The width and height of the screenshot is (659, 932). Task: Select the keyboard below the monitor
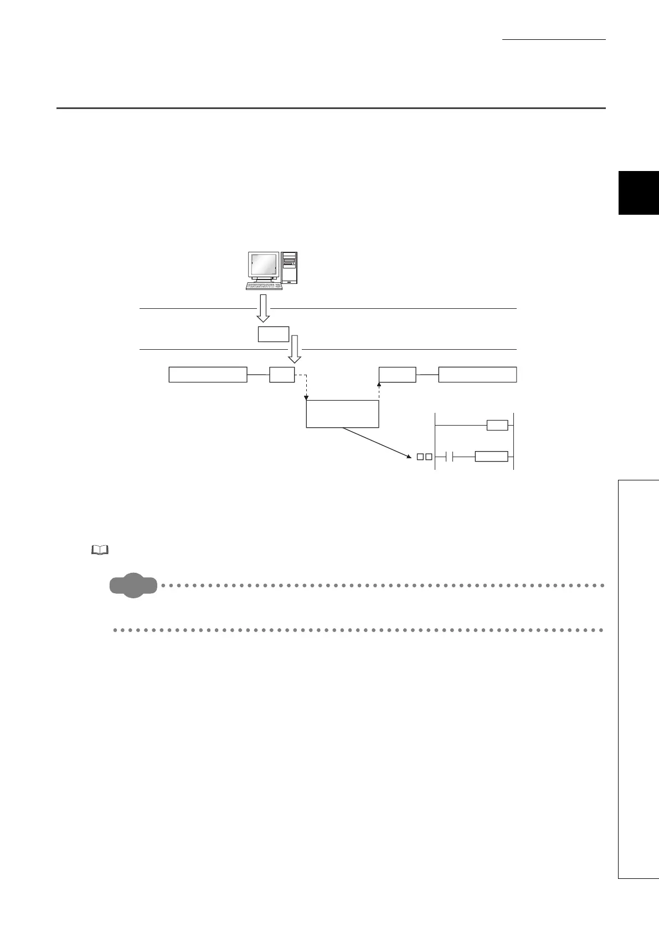click(264, 286)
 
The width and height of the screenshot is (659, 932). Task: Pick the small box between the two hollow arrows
click(273, 334)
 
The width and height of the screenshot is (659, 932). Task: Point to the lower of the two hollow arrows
click(295, 349)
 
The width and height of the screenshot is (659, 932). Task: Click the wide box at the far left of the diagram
click(208, 374)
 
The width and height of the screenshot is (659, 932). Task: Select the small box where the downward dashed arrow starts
click(282, 374)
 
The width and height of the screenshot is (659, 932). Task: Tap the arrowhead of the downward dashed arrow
click(306, 397)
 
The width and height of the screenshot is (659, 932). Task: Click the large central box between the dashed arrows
click(342, 413)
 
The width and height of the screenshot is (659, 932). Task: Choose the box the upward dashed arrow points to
click(397, 374)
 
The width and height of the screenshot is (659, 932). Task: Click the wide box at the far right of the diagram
click(477, 374)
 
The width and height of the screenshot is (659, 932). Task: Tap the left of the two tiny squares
click(420, 457)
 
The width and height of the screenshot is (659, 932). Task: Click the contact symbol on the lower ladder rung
click(450, 457)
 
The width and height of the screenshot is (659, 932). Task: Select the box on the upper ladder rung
click(497, 425)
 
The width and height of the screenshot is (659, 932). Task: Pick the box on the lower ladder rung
click(491, 457)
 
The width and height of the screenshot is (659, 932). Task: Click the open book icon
click(100, 550)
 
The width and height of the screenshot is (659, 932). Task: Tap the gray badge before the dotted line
click(133, 586)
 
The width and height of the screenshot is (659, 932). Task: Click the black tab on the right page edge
click(639, 193)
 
